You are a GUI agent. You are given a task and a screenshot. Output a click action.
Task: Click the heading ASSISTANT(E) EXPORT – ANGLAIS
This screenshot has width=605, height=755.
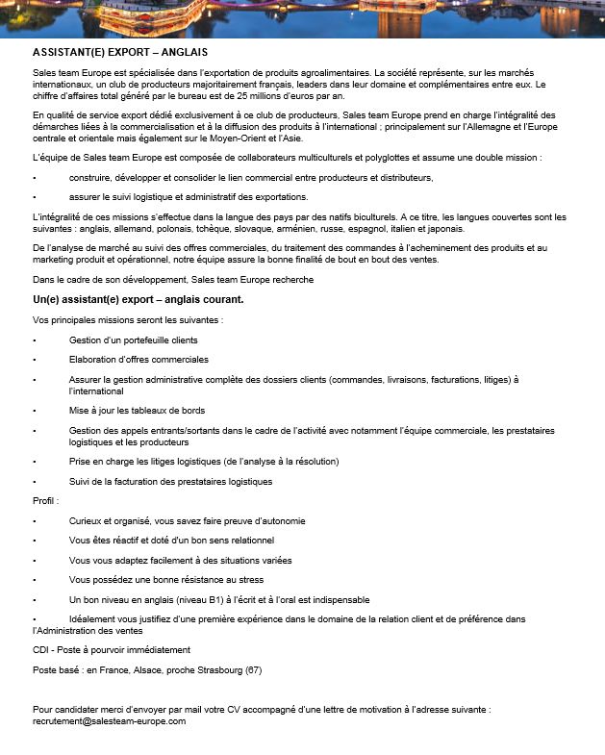tap(120, 52)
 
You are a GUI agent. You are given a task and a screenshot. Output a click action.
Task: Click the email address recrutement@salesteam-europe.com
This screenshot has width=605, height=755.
tap(109, 720)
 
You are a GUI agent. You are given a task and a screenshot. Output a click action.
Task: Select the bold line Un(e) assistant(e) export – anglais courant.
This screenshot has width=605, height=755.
tap(138, 299)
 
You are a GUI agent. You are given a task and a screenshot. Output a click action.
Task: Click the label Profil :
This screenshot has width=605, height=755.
tap(46, 501)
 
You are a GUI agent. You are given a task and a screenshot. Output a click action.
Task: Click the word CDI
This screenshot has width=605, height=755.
tap(40, 650)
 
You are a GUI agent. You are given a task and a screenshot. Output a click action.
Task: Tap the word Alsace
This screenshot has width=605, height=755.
tap(149, 669)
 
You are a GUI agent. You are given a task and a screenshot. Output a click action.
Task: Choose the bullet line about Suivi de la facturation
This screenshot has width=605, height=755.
tap(171, 481)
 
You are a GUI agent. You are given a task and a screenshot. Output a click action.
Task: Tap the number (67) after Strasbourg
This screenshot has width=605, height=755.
tap(253, 669)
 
